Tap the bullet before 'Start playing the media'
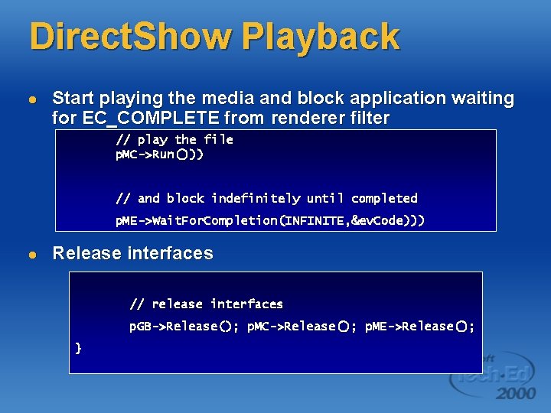[x=31, y=99]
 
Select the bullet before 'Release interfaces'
[x=31, y=255]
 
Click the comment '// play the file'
[x=174, y=139]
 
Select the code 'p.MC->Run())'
[x=158, y=154]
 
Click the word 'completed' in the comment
[x=384, y=198]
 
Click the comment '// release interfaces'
[x=206, y=304]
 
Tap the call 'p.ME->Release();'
[x=419, y=327]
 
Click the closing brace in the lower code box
[x=78, y=348]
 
